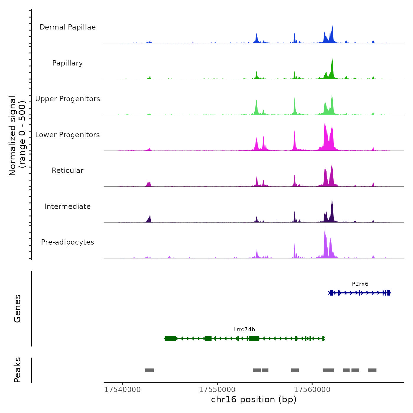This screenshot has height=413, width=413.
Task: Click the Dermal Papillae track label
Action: click(68, 27)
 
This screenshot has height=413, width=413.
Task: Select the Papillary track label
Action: click(68, 63)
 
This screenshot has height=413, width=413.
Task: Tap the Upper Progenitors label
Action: click(68, 99)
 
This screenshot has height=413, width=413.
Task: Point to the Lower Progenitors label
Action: click(68, 135)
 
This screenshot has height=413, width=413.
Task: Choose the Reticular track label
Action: click(68, 171)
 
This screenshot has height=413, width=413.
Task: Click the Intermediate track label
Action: click(68, 206)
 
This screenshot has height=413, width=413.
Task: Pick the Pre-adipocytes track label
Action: click(68, 242)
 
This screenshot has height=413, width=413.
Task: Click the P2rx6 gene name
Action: click(360, 284)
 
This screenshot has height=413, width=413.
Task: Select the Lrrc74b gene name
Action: click(244, 330)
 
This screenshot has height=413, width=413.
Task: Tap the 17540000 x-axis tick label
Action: click(122, 390)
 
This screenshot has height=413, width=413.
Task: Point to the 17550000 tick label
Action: click(217, 390)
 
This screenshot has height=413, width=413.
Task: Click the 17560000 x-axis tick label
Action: click(312, 390)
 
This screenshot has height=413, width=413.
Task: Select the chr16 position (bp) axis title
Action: click(254, 399)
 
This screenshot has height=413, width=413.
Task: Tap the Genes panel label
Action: click(17, 309)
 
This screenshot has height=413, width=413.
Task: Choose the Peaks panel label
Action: click(17, 370)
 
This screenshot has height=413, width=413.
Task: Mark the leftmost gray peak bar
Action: click(149, 370)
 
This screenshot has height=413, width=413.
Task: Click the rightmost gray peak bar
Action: click(372, 370)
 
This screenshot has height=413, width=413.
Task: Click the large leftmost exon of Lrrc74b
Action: click(170, 338)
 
